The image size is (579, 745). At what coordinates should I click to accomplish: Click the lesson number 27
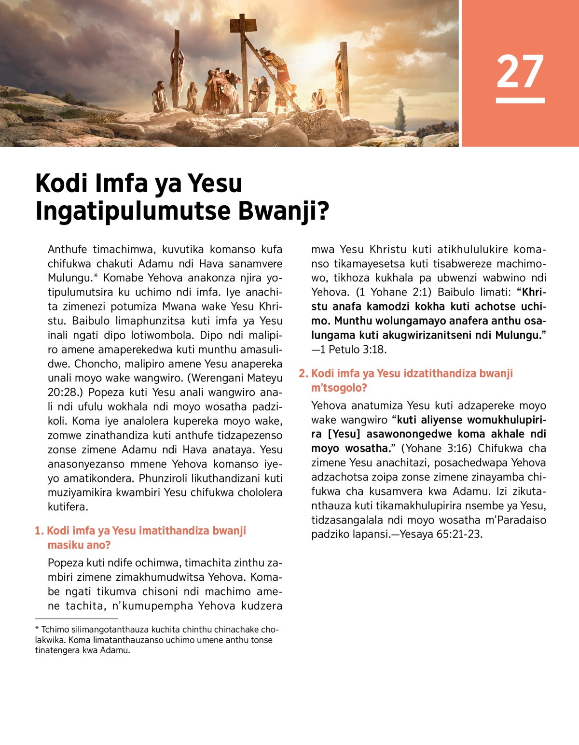(x=520, y=71)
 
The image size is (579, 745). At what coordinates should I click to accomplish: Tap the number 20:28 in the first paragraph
(x=65, y=393)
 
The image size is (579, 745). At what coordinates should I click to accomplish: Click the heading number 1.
(x=39, y=531)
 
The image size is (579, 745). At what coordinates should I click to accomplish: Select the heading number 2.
(x=303, y=374)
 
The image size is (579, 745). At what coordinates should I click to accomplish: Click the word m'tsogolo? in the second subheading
(x=339, y=388)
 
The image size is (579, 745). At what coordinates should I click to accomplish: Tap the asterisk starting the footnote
(x=37, y=629)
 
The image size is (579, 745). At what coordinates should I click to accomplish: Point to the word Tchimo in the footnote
(x=55, y=630)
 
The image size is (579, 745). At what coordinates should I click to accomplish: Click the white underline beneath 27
(x=520, y=100)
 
